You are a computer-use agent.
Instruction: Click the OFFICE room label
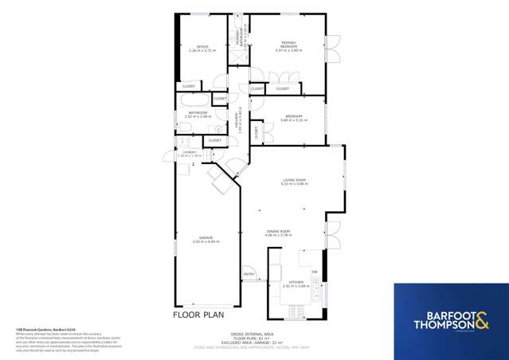click(202, 48)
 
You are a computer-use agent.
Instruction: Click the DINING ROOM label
click(278, 232)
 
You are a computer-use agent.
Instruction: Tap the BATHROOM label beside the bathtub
click(198, 114)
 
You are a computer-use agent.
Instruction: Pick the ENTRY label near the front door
click(249, 276)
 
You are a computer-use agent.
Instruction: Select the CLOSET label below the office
click(189, 86)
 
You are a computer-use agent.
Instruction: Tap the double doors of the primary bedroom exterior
click(334, 50)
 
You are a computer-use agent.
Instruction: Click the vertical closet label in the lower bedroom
click(256, 132)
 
